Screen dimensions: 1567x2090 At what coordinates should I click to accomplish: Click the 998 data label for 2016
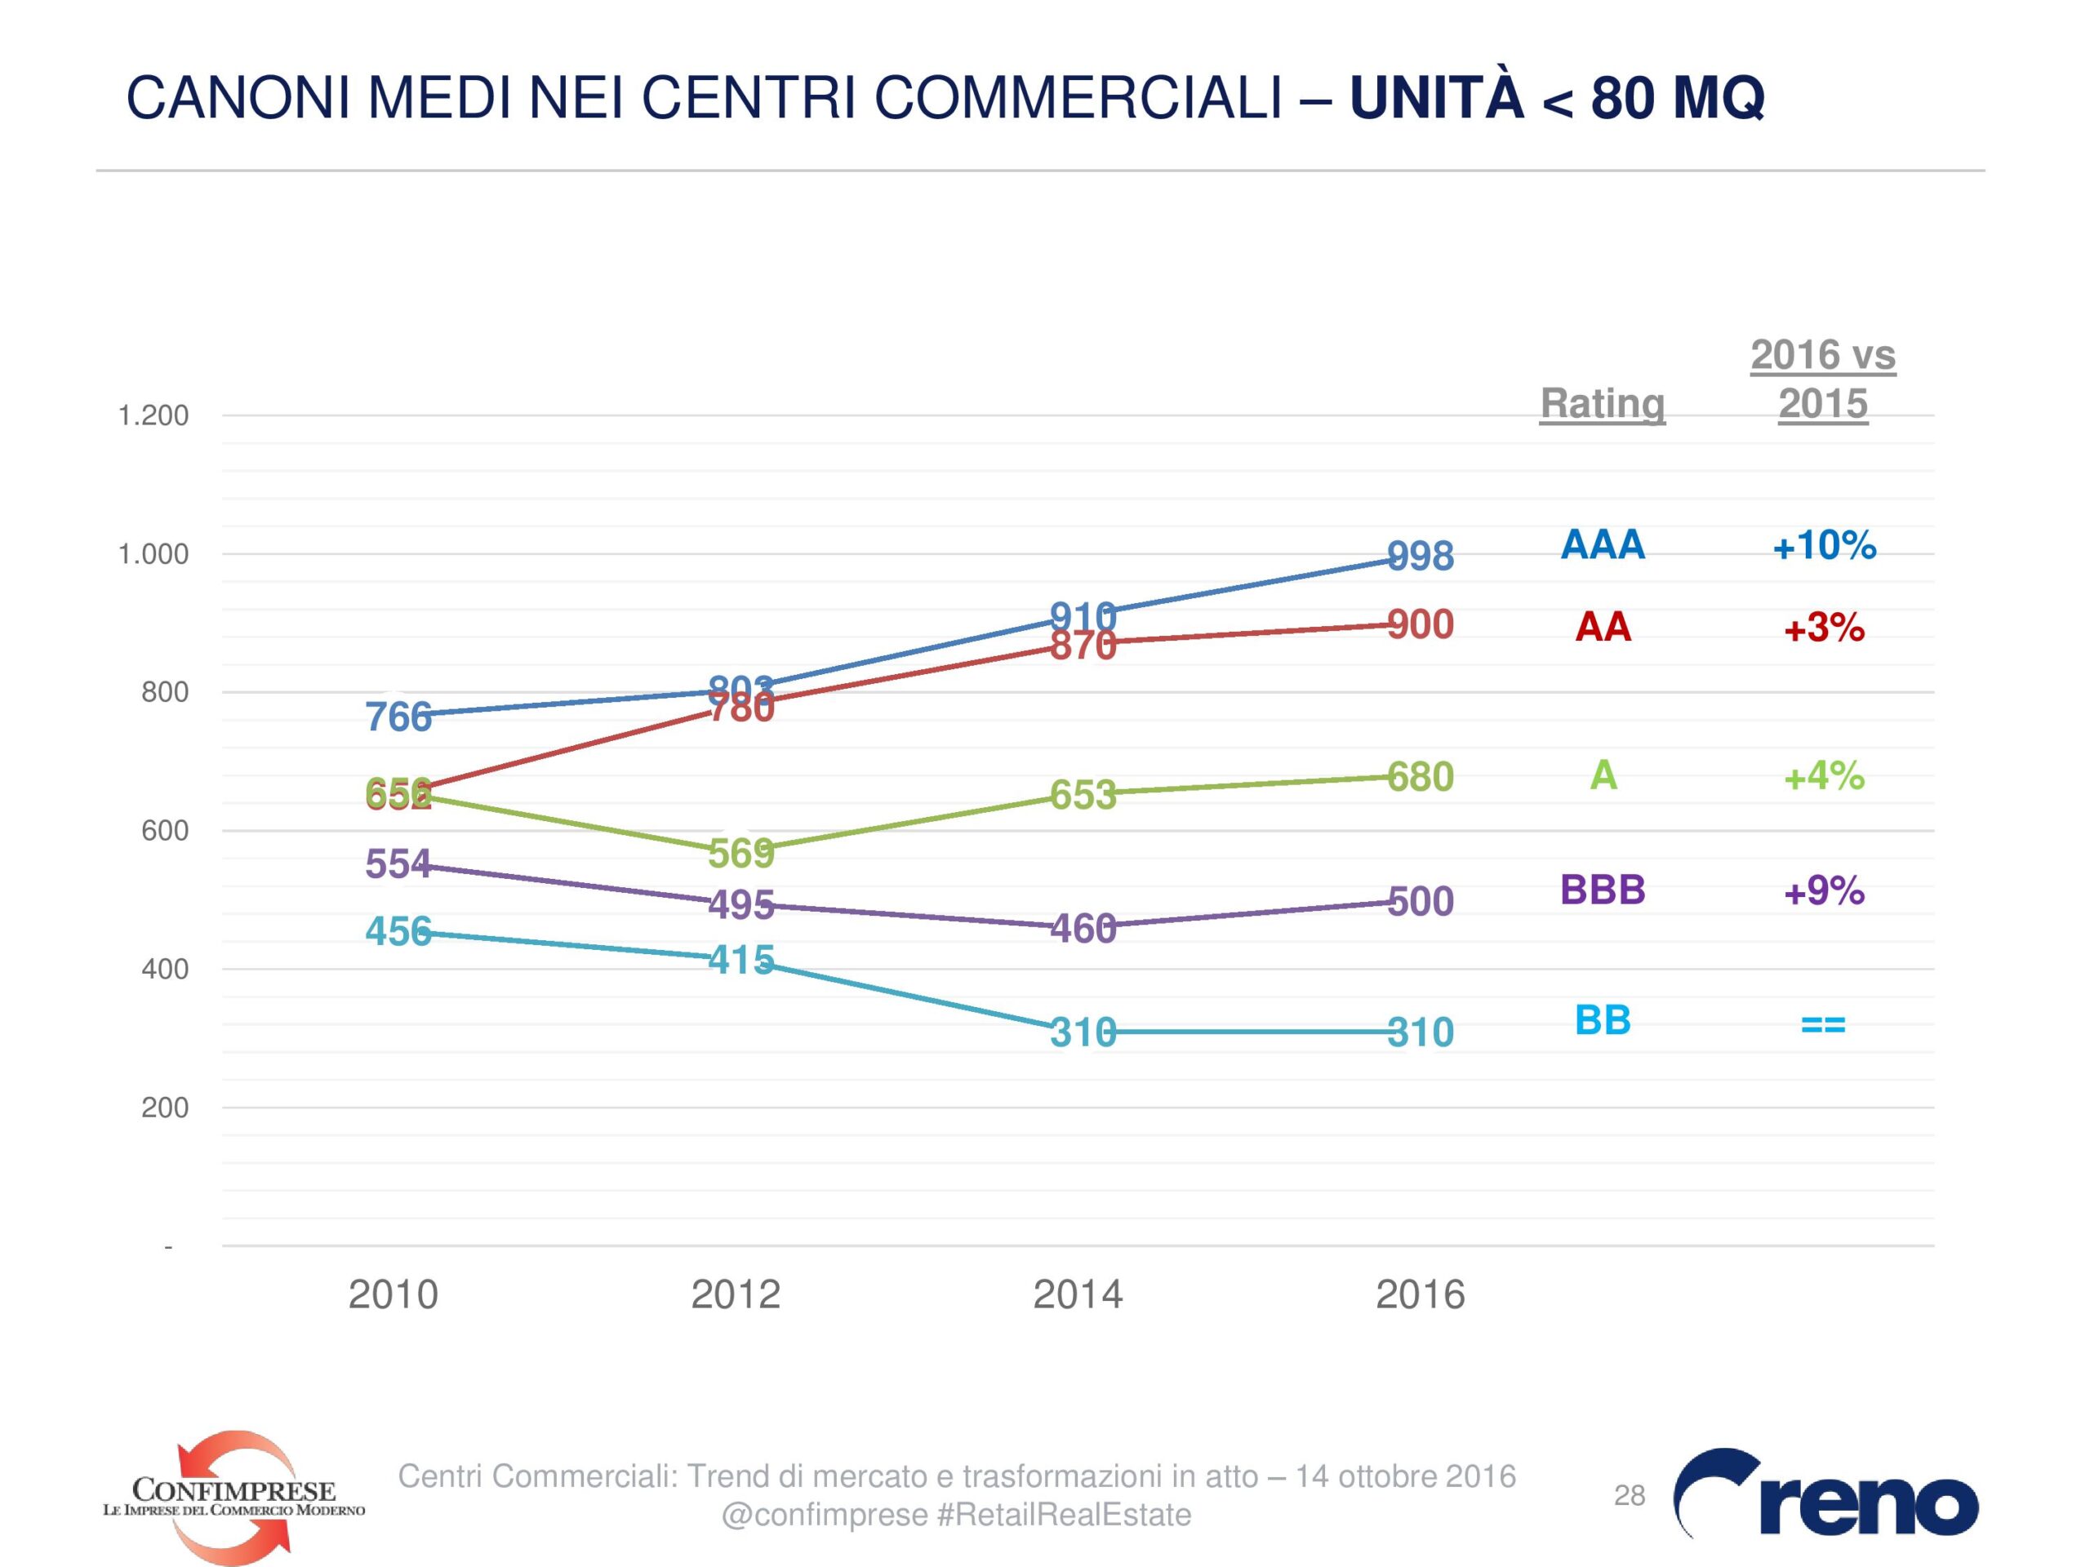pos(1420,557)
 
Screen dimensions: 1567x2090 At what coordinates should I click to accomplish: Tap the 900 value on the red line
pos(1420,625)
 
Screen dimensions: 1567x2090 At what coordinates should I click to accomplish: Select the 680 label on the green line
pos(1420,777)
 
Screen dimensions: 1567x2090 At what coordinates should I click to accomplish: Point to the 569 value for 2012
pos(740,854)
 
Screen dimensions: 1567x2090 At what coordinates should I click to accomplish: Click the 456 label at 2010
pos(398,932)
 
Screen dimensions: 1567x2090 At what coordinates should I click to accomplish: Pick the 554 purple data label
pos(398,864)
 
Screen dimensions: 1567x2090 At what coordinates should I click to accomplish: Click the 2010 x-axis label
pos(393,1294)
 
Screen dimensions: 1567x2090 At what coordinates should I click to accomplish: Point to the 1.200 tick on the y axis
pos(153,415)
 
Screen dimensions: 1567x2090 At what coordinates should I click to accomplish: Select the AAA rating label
pos(1603,545)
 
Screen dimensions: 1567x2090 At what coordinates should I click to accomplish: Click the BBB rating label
pos(1603,890)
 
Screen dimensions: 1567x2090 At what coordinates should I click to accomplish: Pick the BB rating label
pos(1603,1021)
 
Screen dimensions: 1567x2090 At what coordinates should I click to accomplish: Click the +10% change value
pos(1824,546)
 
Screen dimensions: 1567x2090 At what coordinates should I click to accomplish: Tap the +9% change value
pos(1824,890)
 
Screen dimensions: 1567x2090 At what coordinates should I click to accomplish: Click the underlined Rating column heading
pos(1603,403)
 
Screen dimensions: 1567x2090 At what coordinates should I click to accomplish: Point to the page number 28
pos(1630,1495)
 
